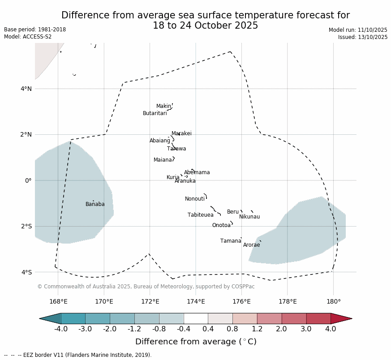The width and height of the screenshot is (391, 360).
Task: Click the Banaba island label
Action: (x=95, y=205)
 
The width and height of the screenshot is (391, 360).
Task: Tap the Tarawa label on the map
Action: (x=176, y=149)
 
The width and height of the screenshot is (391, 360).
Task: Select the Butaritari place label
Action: (x=155, y=114)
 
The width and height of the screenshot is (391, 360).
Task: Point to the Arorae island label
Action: (x=251, y=245)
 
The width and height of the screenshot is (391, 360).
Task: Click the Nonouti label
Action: (x=194, y=199)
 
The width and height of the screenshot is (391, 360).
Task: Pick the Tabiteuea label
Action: (x=200, y=215)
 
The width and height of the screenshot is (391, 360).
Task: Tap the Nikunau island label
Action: (x=249, y=217)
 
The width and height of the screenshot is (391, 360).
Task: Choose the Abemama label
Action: (x=197, y=173)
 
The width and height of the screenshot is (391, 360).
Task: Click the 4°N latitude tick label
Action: (x=26, y=89)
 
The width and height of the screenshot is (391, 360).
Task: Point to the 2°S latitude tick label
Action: (x=26, y=227)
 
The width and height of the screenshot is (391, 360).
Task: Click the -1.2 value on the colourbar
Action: (x=134, y=329)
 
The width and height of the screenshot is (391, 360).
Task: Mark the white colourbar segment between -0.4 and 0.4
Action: (x=196, y=318)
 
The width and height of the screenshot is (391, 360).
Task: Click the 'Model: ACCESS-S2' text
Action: (x=28, y=37)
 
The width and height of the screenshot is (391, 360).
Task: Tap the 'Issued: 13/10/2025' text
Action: (x=362, y=37)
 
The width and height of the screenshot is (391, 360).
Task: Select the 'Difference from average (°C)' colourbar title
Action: (x=196, y=342)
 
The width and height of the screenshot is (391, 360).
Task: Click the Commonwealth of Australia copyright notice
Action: (x=146, y=287)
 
